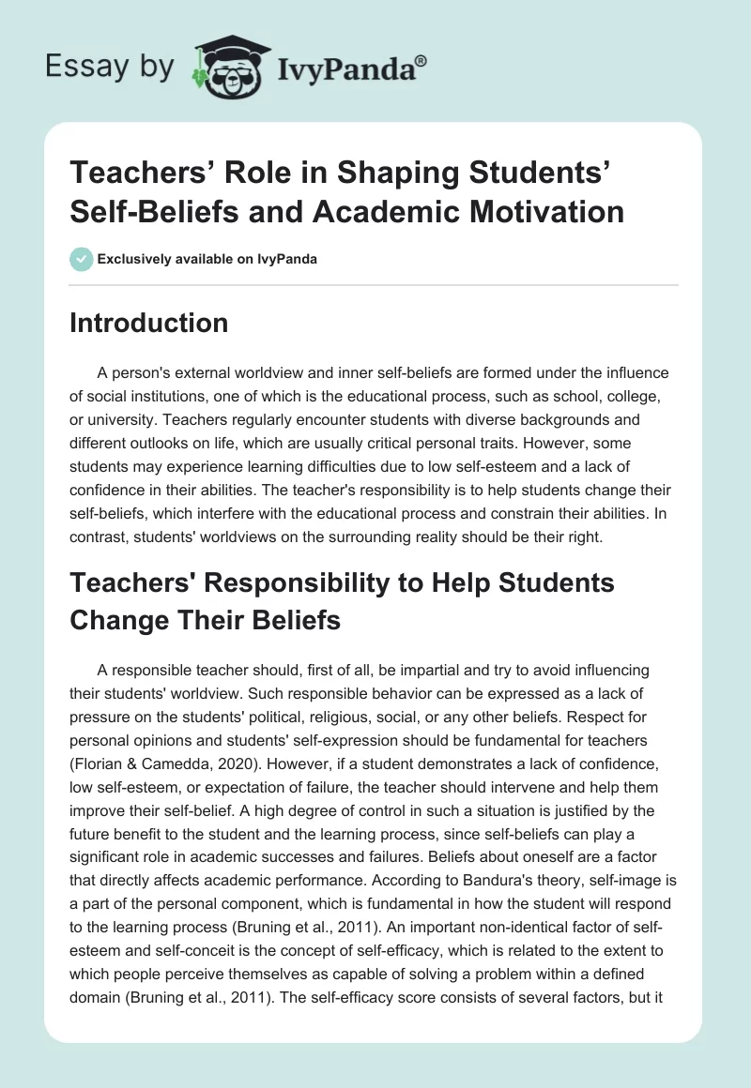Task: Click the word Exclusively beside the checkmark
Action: pos(133,259)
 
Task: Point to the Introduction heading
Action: pos(149,323)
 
